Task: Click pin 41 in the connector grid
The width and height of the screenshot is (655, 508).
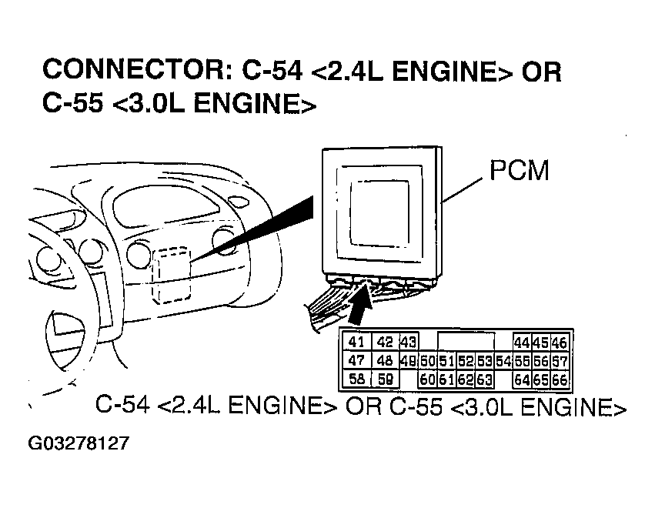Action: pyautogui.click(x=356, y=343)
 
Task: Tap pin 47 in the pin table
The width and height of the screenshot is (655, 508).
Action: pyautogui.click(x=356, y=360)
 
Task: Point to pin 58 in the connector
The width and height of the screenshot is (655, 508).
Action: pyautogui.click(x=356, y=379)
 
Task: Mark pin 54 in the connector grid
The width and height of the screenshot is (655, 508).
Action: pyautogui.click(x=503, y=361)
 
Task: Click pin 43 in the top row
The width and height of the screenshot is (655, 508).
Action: pyautogui.click(x=407, y=343)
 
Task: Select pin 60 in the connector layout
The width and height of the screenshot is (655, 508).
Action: pyautogui.click(x=427, y=379)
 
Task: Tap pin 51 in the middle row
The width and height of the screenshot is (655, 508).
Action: pyautogui.click(x=446, y=361)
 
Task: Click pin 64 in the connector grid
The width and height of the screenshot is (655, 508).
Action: pyautogui.click(x=522, y=379)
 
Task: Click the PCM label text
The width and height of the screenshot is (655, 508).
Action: pyautogui.click(x=520, y=170)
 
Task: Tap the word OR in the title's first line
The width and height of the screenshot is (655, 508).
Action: pyautogui.click(x=541, y=71)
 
